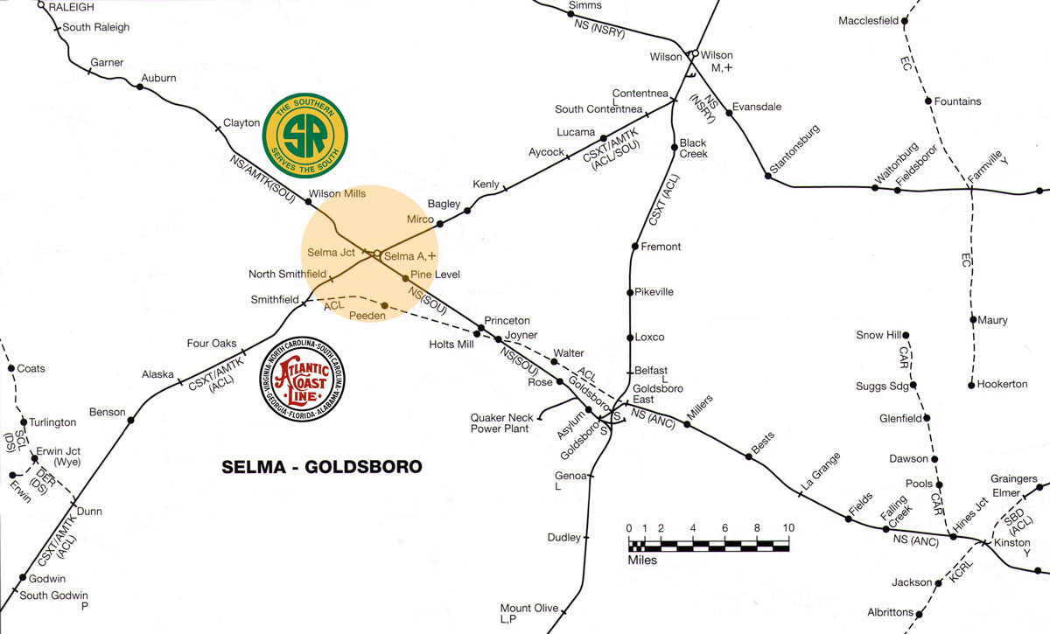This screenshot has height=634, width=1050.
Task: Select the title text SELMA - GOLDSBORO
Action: click(x=322, y=467)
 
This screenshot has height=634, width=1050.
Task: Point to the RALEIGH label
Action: click(x=72, y=7)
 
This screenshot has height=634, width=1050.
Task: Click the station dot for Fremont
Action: click(x=632, y=247)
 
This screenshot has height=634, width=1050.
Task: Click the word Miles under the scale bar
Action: click(x=643, y=560)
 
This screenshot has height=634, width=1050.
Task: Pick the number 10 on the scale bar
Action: click(x=788, y=528)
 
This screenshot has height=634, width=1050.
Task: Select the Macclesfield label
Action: click(x=869, y=20)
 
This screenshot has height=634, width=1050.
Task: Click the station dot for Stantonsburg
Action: click(x=767, y=177)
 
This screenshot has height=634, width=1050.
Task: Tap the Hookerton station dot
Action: click(x=972, y=385)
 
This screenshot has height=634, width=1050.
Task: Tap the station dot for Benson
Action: click(x=131, y=421)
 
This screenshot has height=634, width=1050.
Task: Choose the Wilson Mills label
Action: click(x=338, y=193)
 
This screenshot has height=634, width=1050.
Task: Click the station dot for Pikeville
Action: click(x=630, y=292)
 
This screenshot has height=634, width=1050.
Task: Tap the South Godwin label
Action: click(x=54, y=596)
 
